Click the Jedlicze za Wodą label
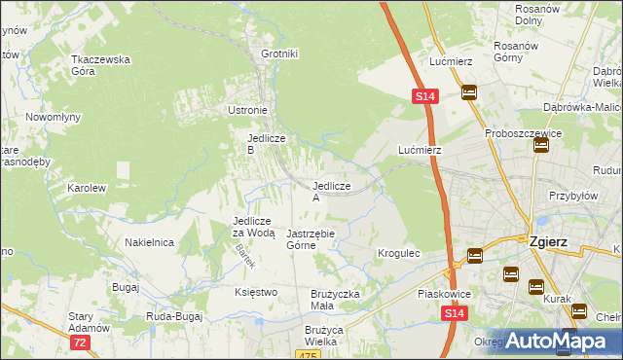[x=254, y=227]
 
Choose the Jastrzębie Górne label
[x=311, y=239]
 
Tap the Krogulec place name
[x=398, y=253]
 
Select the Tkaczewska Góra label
[x=100, y=65]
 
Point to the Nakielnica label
[x=149, y=242]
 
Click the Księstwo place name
[x=256, y=292]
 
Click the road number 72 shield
[x=81, y=342]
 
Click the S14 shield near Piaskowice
[x=454, y=313]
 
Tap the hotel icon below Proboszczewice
[x=540, y=146]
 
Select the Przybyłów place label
[x=571, y=195]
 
